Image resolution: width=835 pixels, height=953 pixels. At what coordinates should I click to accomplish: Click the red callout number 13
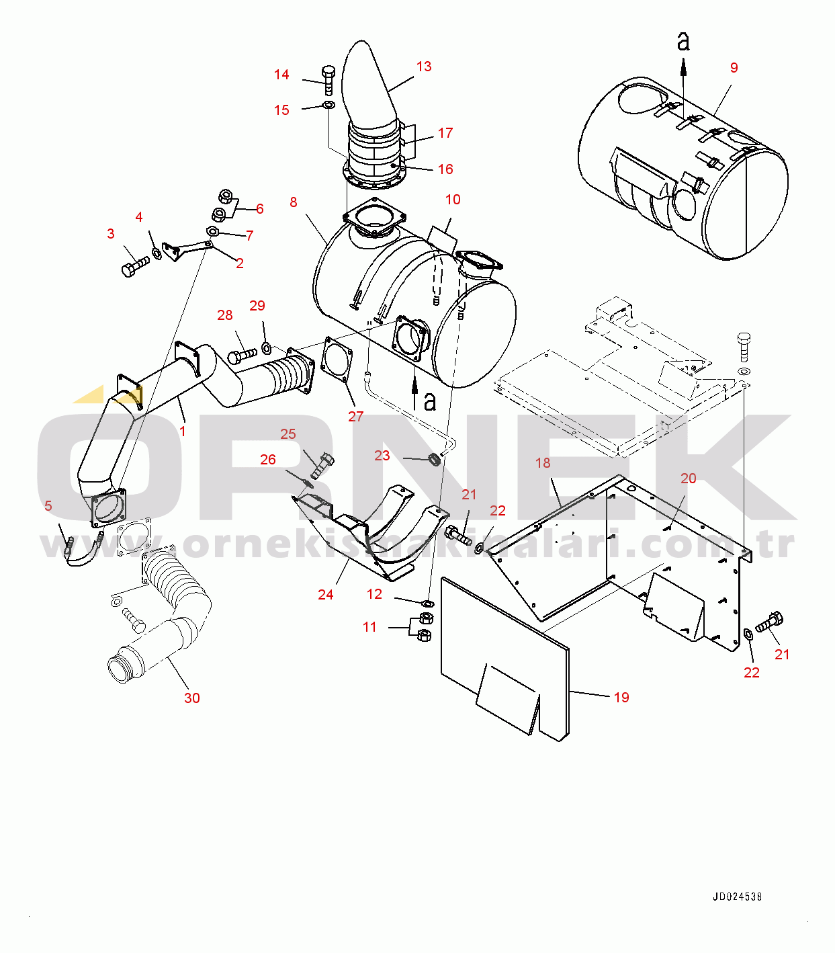pos(424,67)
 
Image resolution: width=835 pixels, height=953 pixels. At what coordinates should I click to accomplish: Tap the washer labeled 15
pos(329,104)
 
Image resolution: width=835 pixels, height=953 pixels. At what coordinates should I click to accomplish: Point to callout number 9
pos(734,68)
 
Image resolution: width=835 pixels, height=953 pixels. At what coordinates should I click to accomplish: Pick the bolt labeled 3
pos(136,267)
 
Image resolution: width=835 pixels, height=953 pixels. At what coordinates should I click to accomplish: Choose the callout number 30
pos(192,698)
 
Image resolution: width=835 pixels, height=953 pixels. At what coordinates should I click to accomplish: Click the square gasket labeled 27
pos(337,360)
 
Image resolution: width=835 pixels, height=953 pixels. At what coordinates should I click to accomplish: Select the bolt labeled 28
pos(242,355)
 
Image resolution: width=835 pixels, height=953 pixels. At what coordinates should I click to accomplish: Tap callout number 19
pos(621,697)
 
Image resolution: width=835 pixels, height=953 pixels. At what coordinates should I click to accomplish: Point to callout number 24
pos(325,595)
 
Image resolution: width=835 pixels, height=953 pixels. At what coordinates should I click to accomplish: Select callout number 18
pos(543,463)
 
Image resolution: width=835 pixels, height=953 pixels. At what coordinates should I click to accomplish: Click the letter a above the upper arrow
pos(683,41)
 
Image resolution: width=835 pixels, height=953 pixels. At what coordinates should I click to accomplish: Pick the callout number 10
pos(453,200)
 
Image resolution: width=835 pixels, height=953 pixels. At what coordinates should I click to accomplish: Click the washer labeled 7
pos(212,231)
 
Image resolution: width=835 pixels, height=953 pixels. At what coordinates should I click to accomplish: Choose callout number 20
pos(689,479)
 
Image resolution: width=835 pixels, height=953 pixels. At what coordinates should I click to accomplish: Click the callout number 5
pos(48,505)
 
